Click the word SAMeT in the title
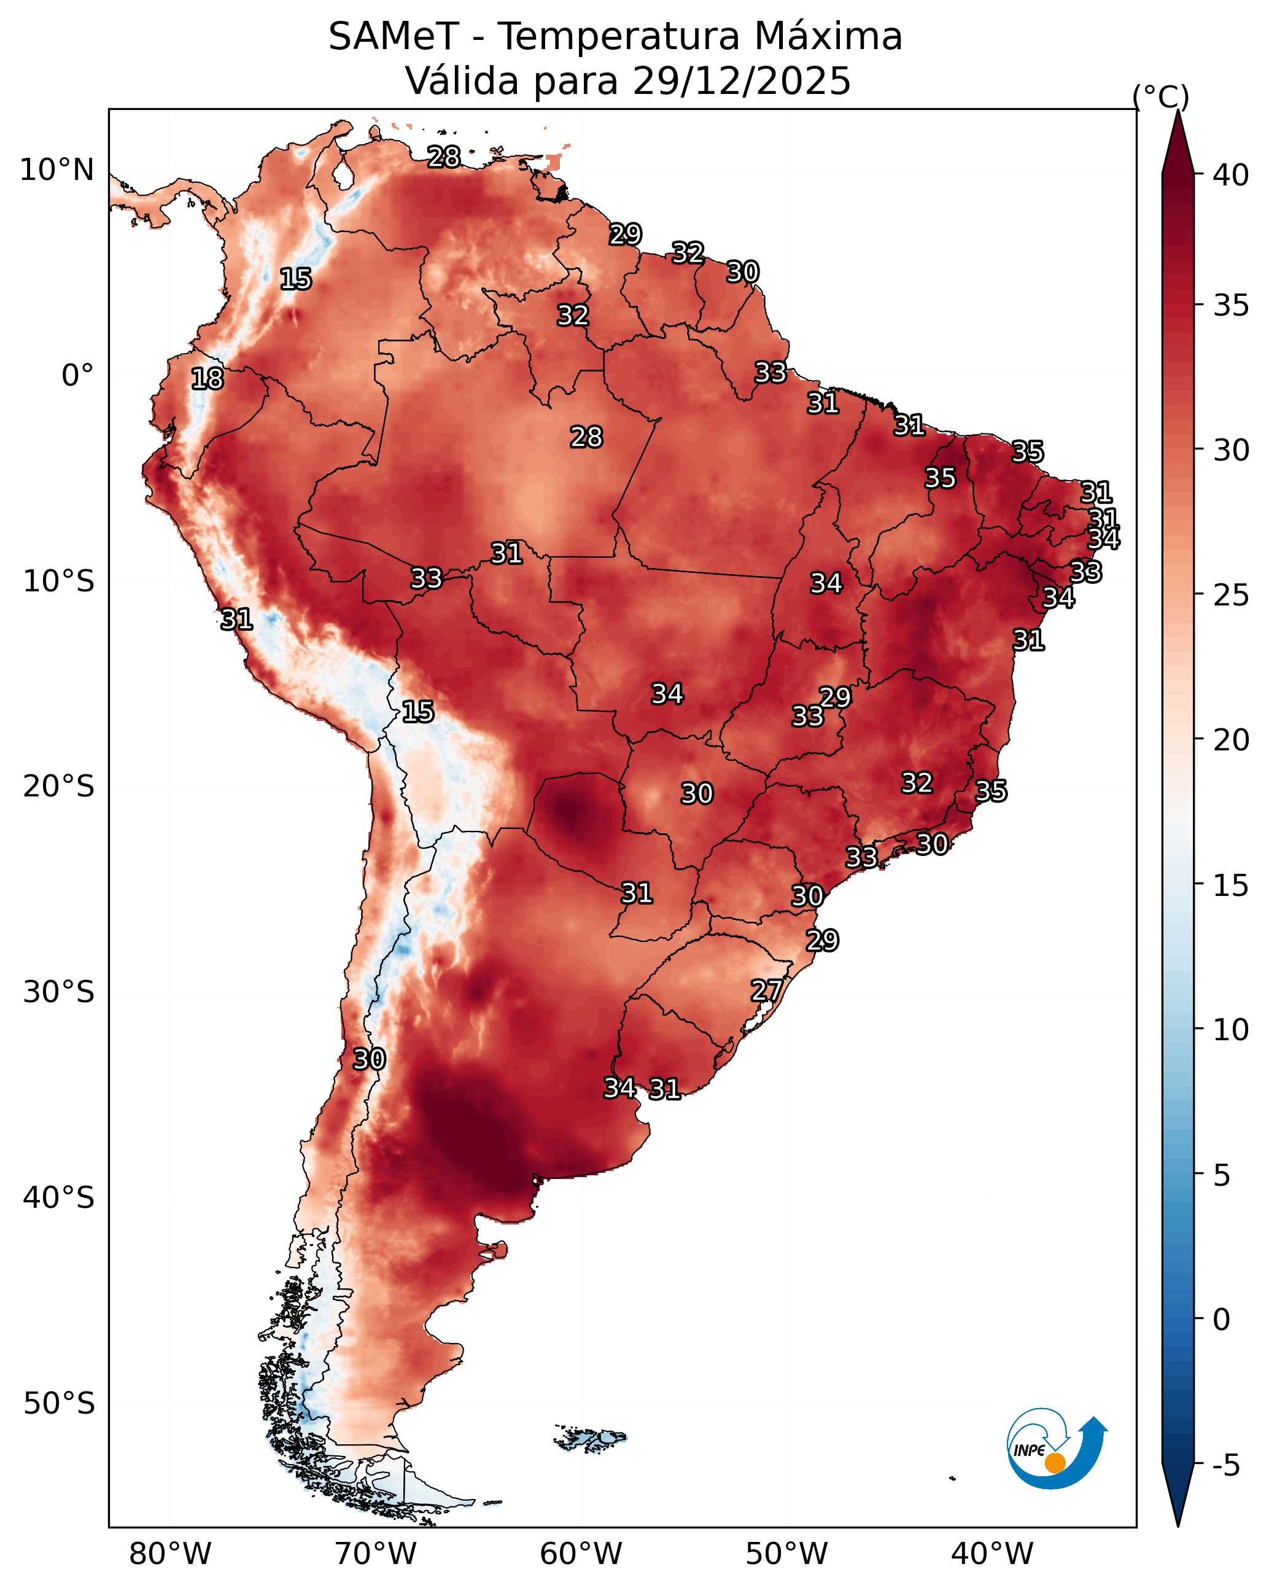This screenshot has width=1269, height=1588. coord(394,37)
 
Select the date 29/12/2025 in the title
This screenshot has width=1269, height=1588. coord(742,81)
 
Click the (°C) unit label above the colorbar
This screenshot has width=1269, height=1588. coord(1161,97)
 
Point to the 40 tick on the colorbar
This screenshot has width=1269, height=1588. coord(1232,175)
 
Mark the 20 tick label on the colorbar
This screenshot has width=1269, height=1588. coord(1232,740)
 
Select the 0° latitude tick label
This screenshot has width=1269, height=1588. coord(78,376)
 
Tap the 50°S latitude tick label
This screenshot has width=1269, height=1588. coord(59,1404)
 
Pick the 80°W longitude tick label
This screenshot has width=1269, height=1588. coord(170,1554)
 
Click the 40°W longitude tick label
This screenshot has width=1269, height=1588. coord(992,1554)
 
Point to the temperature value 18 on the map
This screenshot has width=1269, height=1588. coord(207,379)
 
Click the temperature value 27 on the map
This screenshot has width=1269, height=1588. coord(767,991)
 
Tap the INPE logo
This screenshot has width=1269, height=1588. coord(1057,1448)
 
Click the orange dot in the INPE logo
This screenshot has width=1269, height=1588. coord(1055,1463)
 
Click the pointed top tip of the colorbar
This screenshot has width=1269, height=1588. coord(1178,111)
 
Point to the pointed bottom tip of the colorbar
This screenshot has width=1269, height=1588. coord(1178,1526)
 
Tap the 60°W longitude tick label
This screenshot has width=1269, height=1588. coord(581,1554)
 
